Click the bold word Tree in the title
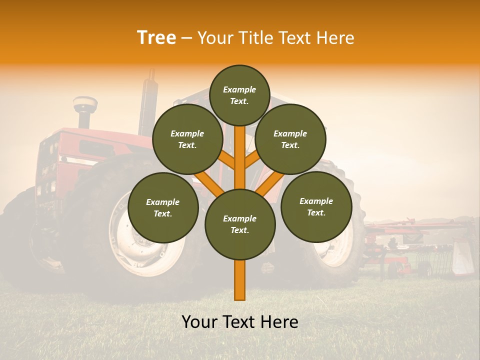[156, 38]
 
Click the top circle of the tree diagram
[239, 95]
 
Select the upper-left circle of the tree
[187, 139]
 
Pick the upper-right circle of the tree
[290, 139]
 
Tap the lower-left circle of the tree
[163, 207]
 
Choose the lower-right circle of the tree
[316, 206]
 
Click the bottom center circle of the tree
[240, 224]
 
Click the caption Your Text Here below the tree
[240, 322]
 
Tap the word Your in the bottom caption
[200, 322]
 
